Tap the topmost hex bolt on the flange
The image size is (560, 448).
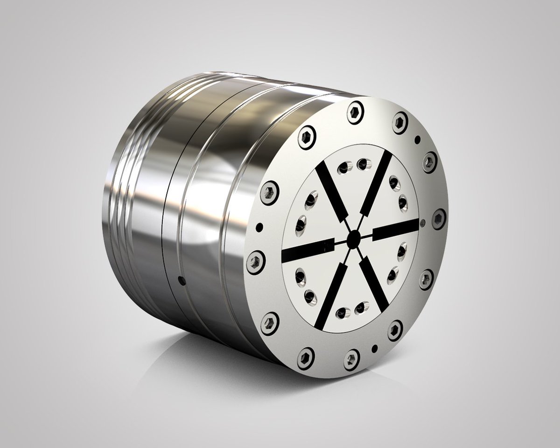(x=355, y=112)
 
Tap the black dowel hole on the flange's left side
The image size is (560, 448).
(x=260, y=228)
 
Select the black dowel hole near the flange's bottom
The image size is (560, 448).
(x=374, y=349)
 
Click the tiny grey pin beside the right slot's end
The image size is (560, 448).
(x=423, y=222)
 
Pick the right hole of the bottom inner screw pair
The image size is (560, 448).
(x=360, y=308)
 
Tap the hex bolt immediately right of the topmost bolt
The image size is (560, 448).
(x=400, y=122)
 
